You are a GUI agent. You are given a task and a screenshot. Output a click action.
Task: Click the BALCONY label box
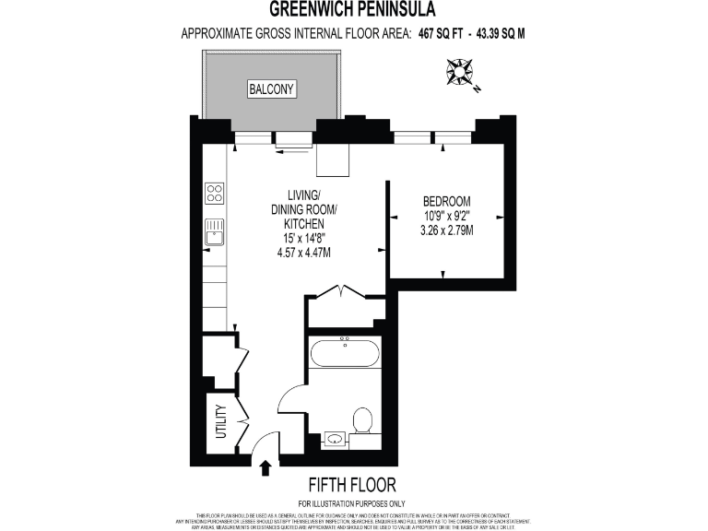[x=271, y=89]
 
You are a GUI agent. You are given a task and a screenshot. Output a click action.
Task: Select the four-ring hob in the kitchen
[x=214, y=193]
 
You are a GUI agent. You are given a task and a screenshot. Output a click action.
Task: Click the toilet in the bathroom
[x=363, y=422]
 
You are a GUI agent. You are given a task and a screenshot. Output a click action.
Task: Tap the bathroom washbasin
[x=334, y=439]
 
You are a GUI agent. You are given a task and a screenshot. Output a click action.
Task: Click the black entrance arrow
[x=265, y=468]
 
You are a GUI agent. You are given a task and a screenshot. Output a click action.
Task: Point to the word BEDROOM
[x=446, y=202]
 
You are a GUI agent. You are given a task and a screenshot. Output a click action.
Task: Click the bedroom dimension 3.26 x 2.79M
[x=446, y=230]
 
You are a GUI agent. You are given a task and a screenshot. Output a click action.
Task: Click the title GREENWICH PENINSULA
[x=353, y=10]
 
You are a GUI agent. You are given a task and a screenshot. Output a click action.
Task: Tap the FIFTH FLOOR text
[x=353, y=485]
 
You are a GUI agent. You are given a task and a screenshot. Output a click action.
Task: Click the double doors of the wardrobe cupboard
[x=345, y=293]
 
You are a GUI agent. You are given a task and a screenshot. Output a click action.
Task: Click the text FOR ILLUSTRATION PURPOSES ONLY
[x=353, y=503]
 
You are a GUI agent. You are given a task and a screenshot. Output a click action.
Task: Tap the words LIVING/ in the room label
[x=303, y=195]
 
